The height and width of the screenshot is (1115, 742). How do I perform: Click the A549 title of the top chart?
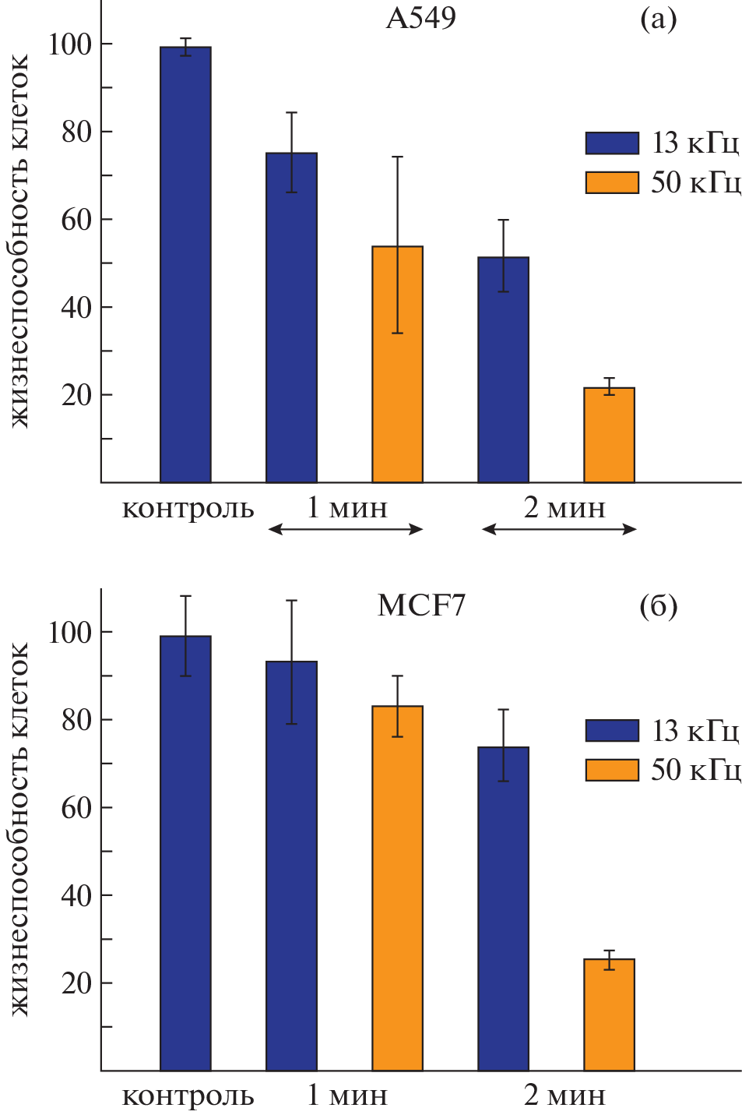420,18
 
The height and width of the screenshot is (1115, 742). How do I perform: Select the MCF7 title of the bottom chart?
421,605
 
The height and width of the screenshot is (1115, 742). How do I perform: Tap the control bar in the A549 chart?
185,265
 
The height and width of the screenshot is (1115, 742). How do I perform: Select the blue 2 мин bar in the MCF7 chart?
503,909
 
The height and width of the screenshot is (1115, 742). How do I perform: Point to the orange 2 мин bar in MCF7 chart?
609,1014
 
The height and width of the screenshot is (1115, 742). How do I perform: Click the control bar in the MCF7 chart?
185,853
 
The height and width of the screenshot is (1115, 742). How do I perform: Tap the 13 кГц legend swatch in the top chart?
612,143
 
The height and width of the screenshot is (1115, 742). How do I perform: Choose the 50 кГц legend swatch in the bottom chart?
612,770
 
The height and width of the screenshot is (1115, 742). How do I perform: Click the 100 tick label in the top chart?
70,44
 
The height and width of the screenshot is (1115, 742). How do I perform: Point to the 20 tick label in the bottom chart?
76,984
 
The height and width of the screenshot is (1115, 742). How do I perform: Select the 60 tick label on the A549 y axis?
76,221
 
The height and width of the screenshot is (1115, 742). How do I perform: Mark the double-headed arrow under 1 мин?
345,529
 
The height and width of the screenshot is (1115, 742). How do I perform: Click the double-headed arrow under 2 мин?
559,529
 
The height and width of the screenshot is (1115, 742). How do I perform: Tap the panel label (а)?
658,19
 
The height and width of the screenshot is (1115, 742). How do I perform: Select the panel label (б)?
658,606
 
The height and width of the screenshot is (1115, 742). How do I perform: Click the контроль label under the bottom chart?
188,1096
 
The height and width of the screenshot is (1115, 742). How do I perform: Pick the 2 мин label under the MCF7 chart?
564,1096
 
